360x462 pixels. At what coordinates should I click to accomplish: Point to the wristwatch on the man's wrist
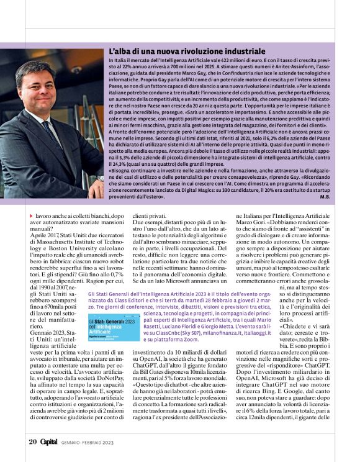coord(99,178)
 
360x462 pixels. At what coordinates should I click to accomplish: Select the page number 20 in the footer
coord(33,442)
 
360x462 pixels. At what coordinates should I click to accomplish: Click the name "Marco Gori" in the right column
coord(251,222)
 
